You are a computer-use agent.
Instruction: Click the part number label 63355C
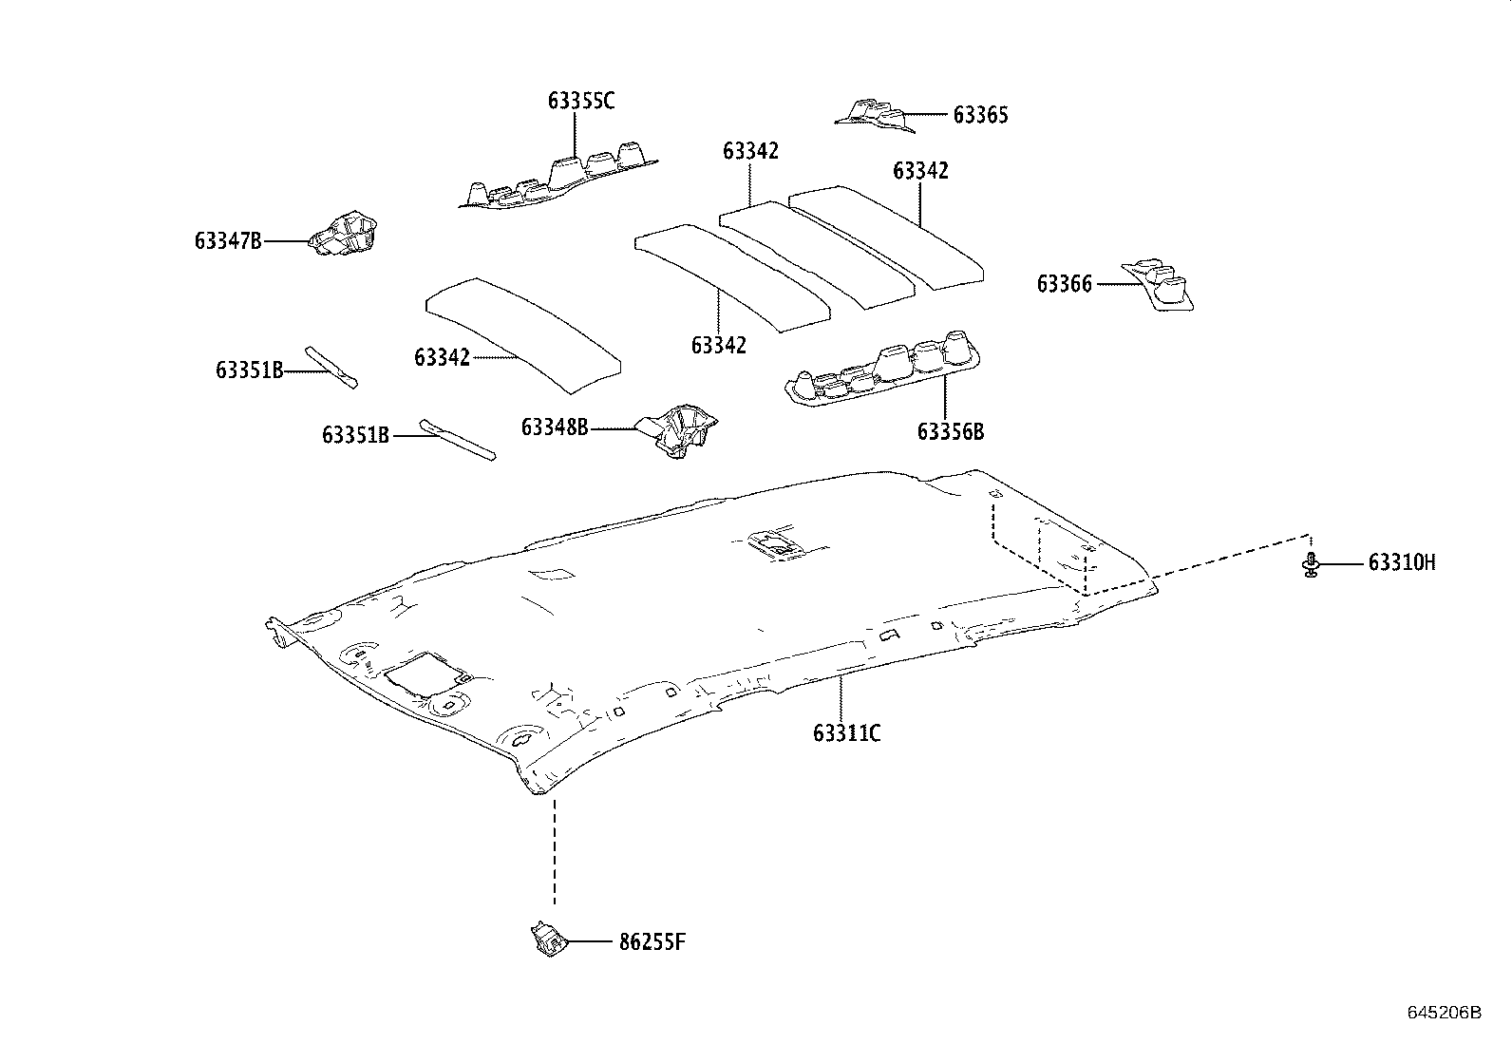tap(580, 100)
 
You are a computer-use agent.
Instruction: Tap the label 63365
tap(980, 115)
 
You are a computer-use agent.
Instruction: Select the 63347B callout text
tap(228, 241)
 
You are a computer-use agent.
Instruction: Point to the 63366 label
tap(1065, 283)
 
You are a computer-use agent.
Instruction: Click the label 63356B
tap(951, 431)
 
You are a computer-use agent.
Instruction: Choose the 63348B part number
tap(555, 427)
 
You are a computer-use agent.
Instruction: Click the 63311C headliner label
tap(846, 732)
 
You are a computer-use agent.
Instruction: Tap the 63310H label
tap(1401, 563)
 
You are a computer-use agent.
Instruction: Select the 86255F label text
tap(652, 942)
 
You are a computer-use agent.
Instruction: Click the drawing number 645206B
tap(1444, 1012)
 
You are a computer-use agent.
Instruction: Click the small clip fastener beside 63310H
tap(1311, 564)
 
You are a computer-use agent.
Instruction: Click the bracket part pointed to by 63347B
tap(345, 234)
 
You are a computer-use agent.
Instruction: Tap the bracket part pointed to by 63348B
tap(682, 431)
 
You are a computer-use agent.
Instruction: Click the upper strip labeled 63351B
tap(332, 367)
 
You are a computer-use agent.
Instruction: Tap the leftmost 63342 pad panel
tap(522, 332)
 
